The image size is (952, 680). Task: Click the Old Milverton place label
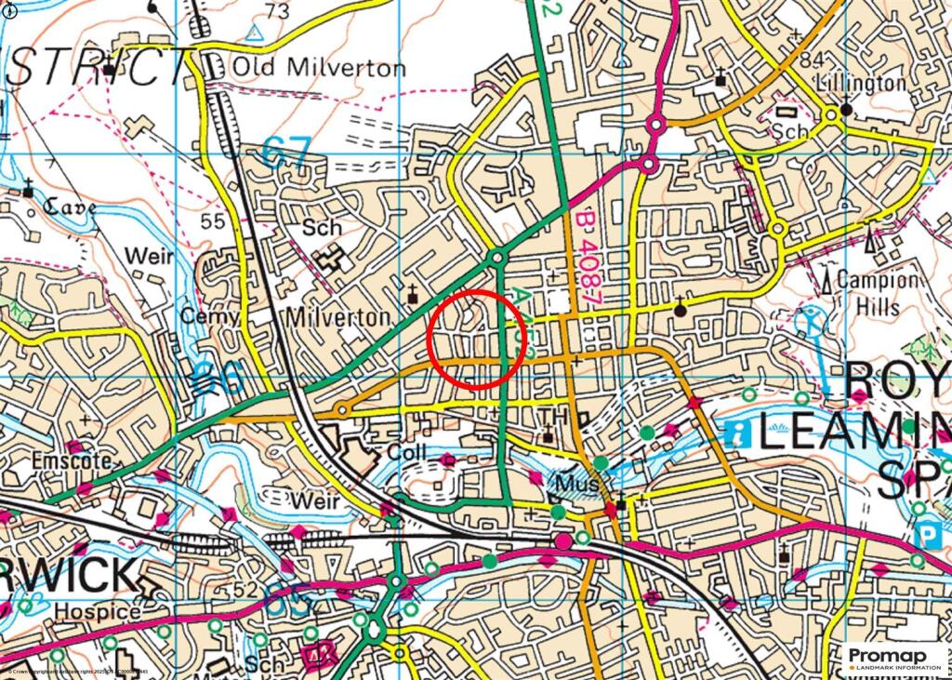point(318,68)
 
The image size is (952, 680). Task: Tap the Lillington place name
point(860,83)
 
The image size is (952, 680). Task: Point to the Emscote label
point(71,460)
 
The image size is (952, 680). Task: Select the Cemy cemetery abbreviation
point(209,316)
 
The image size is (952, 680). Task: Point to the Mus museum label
point(575,485)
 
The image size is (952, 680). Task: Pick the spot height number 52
point(245,590)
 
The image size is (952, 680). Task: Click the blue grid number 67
point(285,151)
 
